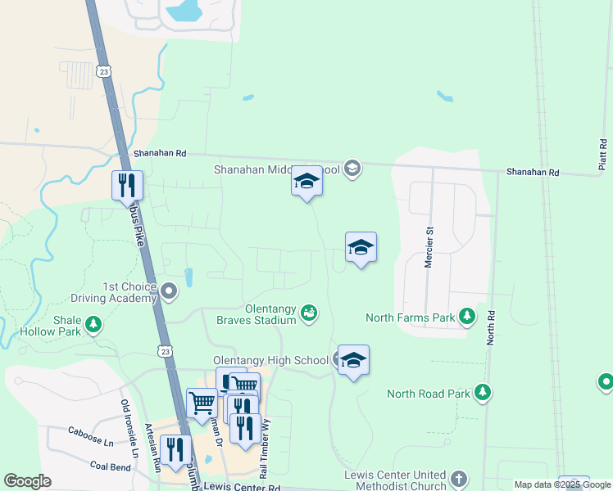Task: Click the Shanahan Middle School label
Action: (x=276, y=170)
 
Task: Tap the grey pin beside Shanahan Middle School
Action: (x=353, y=169)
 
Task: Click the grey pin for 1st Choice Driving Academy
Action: (x=170, y=291)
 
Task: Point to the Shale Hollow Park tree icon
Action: (x=93, y=326)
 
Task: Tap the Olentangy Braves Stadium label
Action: (x=256, y=314)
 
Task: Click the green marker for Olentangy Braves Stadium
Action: (x=309, y=313)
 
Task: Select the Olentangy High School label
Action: (x=270, y=360)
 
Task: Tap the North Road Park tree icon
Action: (x=484, y=393)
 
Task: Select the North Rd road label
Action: (x=491, y=327)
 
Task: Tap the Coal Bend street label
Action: (x=110, y=466)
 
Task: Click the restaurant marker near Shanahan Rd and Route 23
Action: (x=127, y=184)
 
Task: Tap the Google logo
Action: (x=28, y=481)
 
